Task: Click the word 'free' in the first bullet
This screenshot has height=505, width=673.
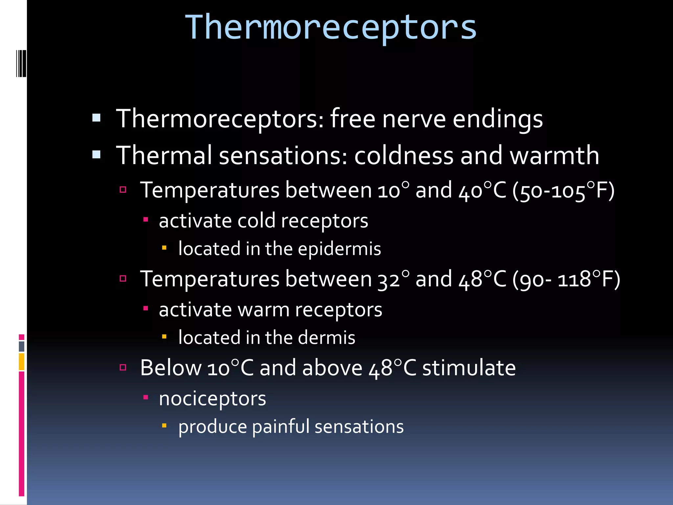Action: (353, 119)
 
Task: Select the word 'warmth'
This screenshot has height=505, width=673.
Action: (554, 156)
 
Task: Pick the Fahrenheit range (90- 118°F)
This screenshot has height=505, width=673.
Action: (566, 279)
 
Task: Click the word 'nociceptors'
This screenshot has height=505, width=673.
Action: (212, 399)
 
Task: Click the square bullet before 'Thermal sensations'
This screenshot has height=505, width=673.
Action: (96, 155)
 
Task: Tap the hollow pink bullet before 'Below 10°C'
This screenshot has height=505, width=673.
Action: (123, 367)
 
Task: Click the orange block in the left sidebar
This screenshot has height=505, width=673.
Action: (22, 362)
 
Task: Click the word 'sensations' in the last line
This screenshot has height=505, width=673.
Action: (359, 427)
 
